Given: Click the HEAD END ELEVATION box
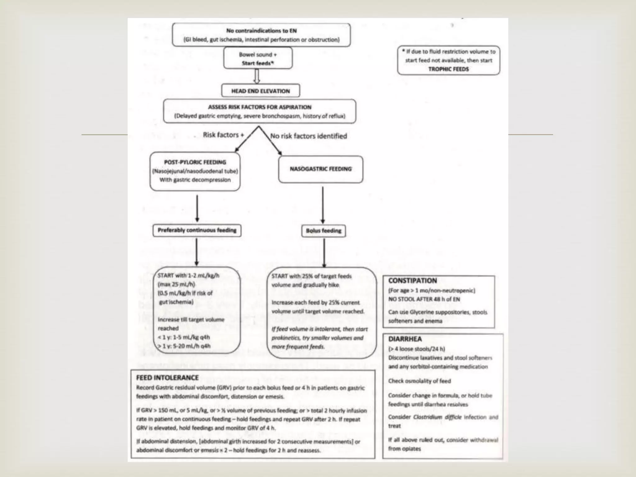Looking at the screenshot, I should (261, 91).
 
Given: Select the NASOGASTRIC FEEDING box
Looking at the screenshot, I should (320, 169).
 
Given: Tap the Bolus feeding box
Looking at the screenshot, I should (323, 231).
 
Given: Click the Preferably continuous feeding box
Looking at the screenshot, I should (197, 230).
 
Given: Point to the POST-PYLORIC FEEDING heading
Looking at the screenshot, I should (195, 162).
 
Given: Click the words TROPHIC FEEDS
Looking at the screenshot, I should (448, 69).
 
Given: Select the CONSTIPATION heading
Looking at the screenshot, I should (412, 280).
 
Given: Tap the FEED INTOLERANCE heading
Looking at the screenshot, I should (167, 378).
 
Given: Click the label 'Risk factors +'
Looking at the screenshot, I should (223, 135).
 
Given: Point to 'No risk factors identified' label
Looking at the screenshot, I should (308, 136).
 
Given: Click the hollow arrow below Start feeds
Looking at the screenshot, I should (257, 76).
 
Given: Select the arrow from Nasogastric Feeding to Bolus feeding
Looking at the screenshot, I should (323, 205).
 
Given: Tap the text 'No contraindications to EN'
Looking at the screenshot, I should (261, 31).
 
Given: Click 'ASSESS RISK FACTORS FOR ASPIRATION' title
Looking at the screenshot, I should (259, 107).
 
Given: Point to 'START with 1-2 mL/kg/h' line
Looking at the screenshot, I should (188, 275).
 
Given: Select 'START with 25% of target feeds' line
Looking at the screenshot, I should (311, 276).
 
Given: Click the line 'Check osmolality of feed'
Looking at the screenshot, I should (419, 381).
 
